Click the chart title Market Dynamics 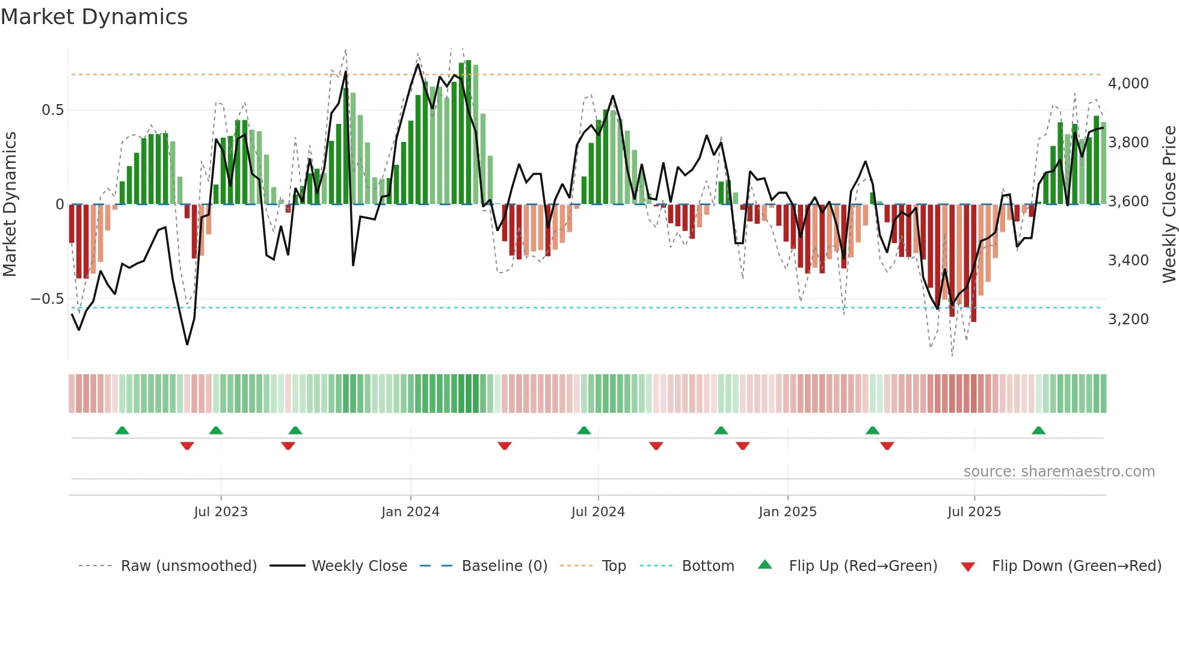coord(94,17)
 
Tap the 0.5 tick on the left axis coord(52,110)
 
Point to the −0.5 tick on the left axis coord(47,299)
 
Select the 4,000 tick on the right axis coord(1128,84)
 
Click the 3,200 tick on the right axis coord(1128,319)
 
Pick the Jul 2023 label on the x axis coord(221,512)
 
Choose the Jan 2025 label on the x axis coord(787,512)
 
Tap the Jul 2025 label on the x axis coord(974,512)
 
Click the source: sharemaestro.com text coord(1059,472)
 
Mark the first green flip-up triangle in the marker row coord(122,430)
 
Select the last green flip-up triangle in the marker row coord(1038,430)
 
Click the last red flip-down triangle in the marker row coord(887,446)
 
